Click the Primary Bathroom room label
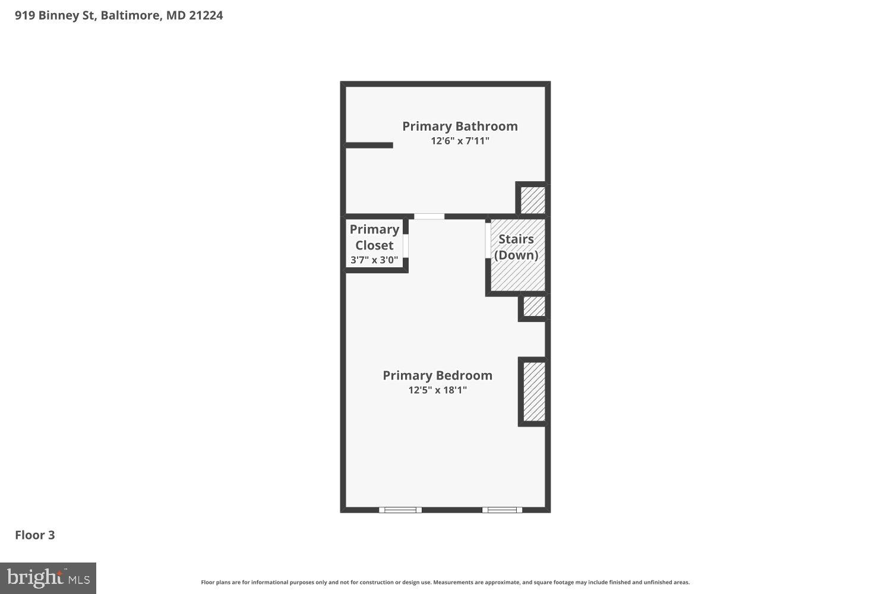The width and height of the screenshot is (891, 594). tap(460, 126)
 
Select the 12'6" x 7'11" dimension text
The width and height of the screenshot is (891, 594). tap(460, 141)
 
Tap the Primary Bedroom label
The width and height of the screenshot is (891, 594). tap(437, 375)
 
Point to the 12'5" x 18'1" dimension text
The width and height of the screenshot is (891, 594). tap(437, 390)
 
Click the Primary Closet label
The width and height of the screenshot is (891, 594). tap(374, 237)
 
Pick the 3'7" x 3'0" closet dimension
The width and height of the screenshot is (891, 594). tap(374, 260)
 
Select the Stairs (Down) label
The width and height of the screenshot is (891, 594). tap(516, 247)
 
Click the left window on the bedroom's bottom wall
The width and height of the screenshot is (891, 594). tap(400, 510)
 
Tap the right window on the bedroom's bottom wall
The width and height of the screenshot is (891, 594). tap(502, 510)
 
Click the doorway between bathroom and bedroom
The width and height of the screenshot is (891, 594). tap(429, 217)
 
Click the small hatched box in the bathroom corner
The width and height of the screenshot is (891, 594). tap(533, 200)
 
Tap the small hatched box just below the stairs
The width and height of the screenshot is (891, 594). tap(534, 307)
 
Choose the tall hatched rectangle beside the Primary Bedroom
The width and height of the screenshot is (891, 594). tap(534, 391)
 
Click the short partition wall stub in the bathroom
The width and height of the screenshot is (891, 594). tap(369, 145)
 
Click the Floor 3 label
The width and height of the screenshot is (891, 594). tap(35, 535)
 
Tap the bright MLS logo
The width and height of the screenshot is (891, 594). tap(48, 578)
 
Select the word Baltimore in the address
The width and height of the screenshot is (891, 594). tap(131, 15)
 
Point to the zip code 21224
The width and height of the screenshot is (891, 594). tap(206, 15)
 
